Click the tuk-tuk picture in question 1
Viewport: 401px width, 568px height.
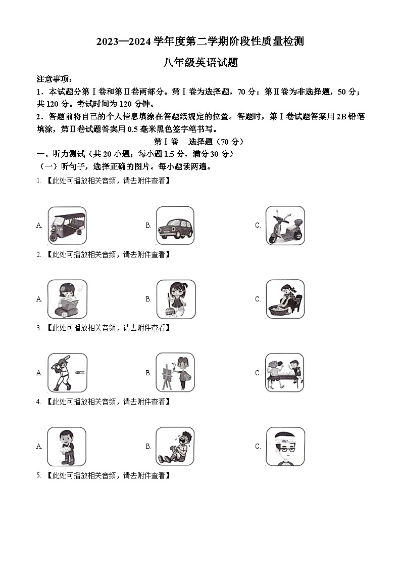(67, 226)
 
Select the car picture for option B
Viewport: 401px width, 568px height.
(175, 226)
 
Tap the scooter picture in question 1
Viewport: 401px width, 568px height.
(285, 226)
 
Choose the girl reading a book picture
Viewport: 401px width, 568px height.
(67, 299)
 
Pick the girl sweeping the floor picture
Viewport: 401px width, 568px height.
(175, 299)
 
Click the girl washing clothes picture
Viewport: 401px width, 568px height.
(285, 299)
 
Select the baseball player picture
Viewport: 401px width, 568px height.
(67, 373)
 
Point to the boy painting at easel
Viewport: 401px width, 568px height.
(175, 373)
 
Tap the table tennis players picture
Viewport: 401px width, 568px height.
(285, 373)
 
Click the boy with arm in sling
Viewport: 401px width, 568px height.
(67, 447)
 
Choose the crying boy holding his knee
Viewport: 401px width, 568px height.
(175, 447)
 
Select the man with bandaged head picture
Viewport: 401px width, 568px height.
(285, 447)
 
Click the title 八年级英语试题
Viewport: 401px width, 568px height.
(200, 63)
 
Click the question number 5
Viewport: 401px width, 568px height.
(38, 475)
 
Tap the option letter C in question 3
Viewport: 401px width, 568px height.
(258, 373)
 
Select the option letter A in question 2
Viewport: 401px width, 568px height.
(39, 299)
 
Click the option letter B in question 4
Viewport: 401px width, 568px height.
(148, 447)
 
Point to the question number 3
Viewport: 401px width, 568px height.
(38, 328)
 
